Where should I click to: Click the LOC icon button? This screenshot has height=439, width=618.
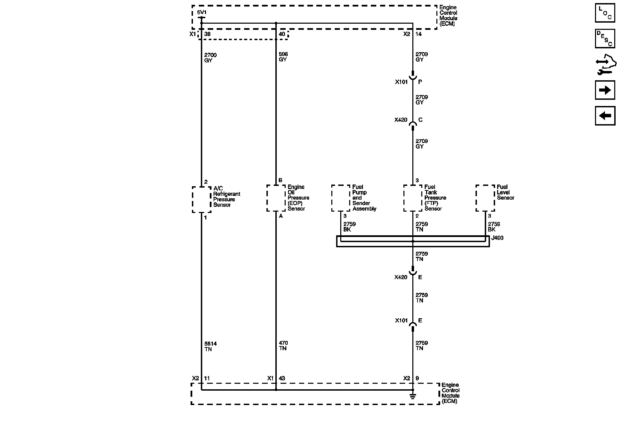(x=605, y=13)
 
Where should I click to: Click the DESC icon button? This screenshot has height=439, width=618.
(x=605, y=39)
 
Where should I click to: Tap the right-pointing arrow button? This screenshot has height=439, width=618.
(x=605, y=90)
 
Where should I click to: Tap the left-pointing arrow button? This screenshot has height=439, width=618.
(x=605, y=116)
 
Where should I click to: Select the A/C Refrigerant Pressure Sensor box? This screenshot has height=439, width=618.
(x=202, y=200)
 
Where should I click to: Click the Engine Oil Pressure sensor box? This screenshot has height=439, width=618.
(x=276, y=198)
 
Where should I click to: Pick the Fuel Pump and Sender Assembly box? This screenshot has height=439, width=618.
(x=341, y=198)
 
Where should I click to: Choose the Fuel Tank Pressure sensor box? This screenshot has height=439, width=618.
(x=413, y=198)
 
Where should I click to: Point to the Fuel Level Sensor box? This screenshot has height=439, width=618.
(x=485, y=198)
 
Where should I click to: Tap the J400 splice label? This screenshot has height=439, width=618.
(x=497, y=238)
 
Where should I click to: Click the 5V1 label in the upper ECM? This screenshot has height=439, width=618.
(x=202, y=13)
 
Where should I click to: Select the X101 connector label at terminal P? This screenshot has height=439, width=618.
(x=401, y=82)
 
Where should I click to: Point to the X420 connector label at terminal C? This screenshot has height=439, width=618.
(x=401, y=120)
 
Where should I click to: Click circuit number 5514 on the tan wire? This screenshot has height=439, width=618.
(x=210, y=344)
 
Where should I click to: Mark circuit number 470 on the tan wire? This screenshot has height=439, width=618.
(x=283, y=343)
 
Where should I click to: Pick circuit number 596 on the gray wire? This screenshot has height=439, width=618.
(x=283, y=54)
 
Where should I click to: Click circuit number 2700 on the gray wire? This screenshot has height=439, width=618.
(x=210, y=55)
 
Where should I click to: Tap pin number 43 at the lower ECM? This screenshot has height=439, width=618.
(x=282, y=378)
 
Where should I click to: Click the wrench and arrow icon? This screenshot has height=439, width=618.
(x=605, y=65)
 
